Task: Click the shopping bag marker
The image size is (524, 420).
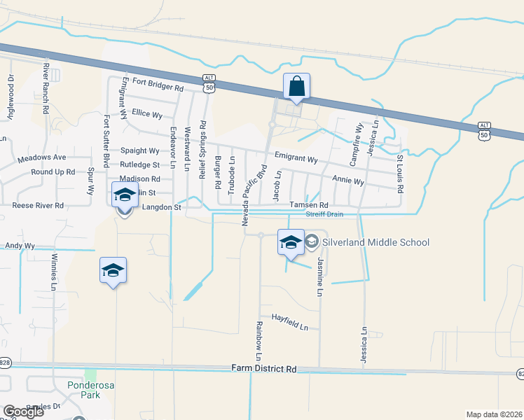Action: click(297, 87)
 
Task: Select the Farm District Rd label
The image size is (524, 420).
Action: click(264, 369)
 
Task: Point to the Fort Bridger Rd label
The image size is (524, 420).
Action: click(156, 89)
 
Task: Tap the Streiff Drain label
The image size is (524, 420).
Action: click(324, 214)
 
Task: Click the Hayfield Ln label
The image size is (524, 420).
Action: click(291, 322)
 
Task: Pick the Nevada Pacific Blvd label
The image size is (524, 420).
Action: click(255, 195)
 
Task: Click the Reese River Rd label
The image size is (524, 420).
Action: click(38, 206)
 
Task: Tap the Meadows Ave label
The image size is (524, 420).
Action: click(42, 158)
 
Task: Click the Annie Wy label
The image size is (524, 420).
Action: click(348, 181)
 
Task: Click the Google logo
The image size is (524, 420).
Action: click(22, 412)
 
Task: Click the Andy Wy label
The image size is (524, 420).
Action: click(20, 246)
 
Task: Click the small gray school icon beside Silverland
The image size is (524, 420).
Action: click(312, 242)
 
